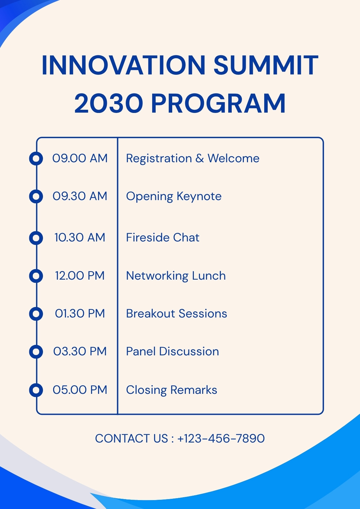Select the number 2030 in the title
pyautogui.click(x=109, y=103)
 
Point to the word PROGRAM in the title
pyautogui.click(x=218, y=103)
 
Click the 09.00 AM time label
pyautogui.click(x=80, y=158)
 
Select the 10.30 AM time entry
pyautogui.click(x=80, y=237)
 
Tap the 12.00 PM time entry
pyautogui.click(x=80, y=275)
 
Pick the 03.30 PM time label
pyautogui.click(x=80, y=351)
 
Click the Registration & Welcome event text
pyautogui.click(x=193, y=158)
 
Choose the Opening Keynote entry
pyautogui.click(x=174, y=197)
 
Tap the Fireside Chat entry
pyautogui.click(x=163, y=237)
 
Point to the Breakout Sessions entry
pyautogui.click(x=176, y=314)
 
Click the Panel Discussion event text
pyautogui.click(x=173, y=351)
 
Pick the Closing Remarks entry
pyautogui.click(x=172, y=390)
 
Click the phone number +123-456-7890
pyautogui.click(x=221, y=438)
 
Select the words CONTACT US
pyautogui.click(x=131, y=438)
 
